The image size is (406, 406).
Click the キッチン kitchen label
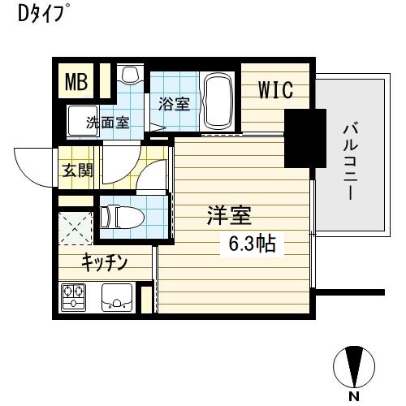pyautogui.click(x=103, y=261)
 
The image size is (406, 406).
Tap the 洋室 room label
pyautogui.click(x=229, y=216)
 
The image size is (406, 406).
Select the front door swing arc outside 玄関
pyautogui.click(x=32, y=167)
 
